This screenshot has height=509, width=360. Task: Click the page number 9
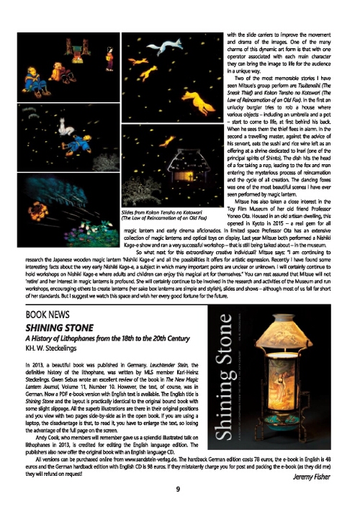(x=177, y=490)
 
